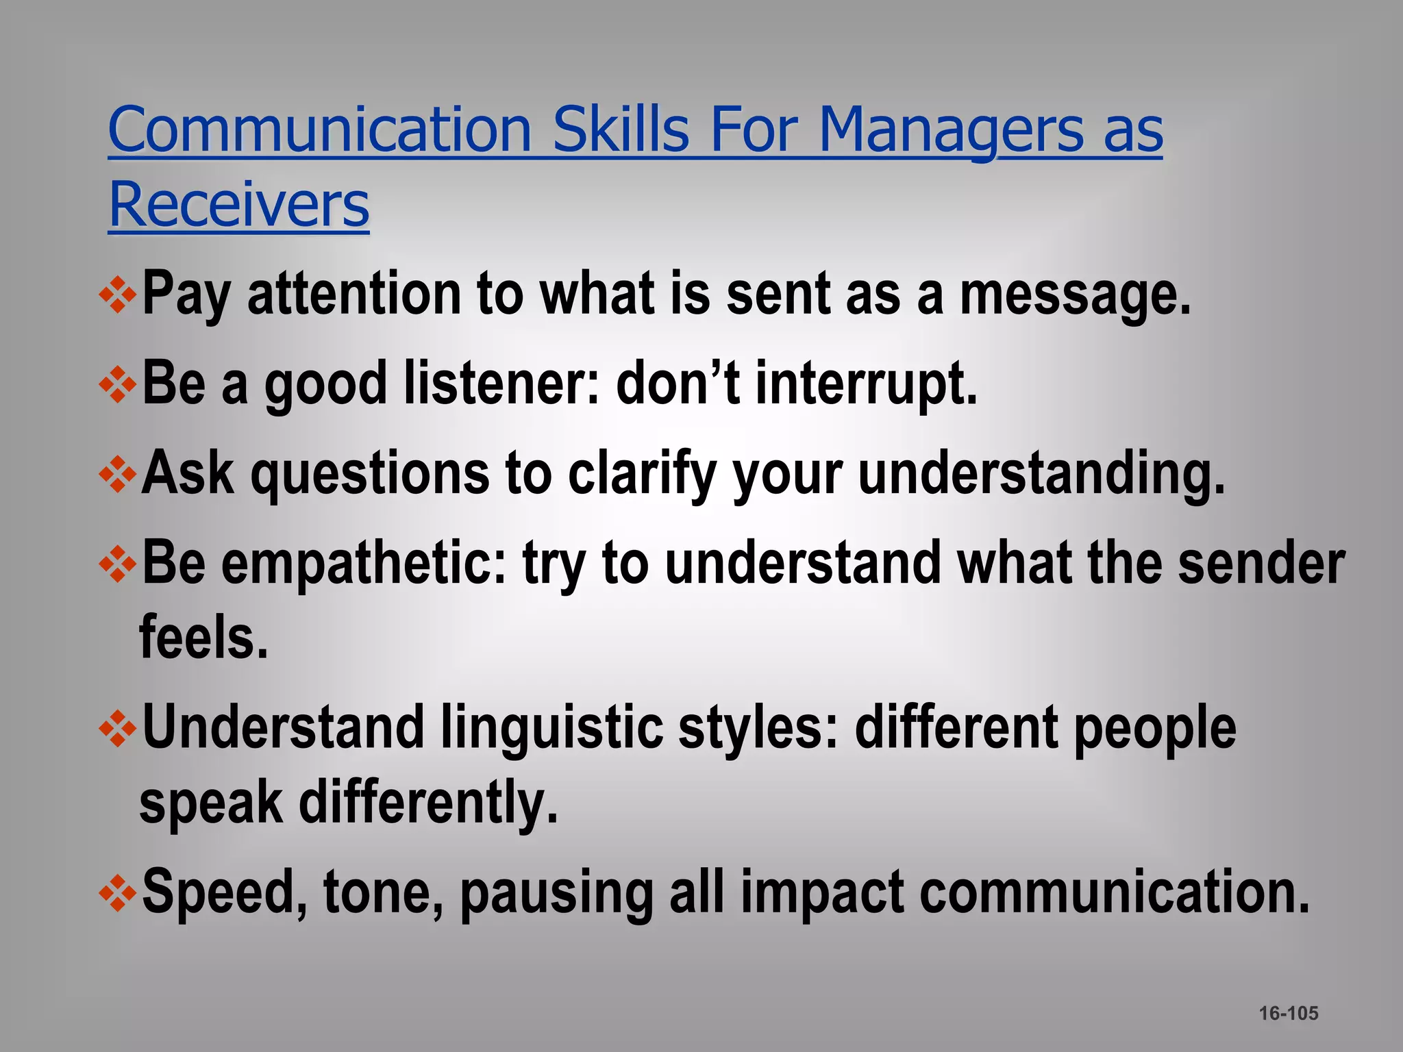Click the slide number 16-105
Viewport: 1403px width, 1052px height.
pos(1288,1013)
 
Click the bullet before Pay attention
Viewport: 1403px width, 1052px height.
pos(119,295)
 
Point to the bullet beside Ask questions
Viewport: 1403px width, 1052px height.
pos(119,474)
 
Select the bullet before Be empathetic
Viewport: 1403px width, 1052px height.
pos(119,564)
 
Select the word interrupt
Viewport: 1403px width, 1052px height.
pos(866,385)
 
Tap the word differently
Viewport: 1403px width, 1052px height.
pos(428,803)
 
